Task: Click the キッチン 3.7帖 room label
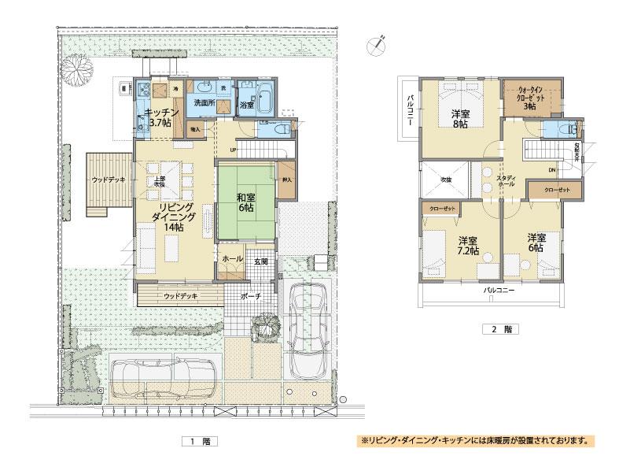point(166,117)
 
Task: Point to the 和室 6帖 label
point(245,203)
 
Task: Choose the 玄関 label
point(260,261)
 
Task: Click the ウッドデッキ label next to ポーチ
point(181,296)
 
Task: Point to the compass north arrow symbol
point(378,44)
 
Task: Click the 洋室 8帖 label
point(460,118)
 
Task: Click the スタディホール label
point(505,182)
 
